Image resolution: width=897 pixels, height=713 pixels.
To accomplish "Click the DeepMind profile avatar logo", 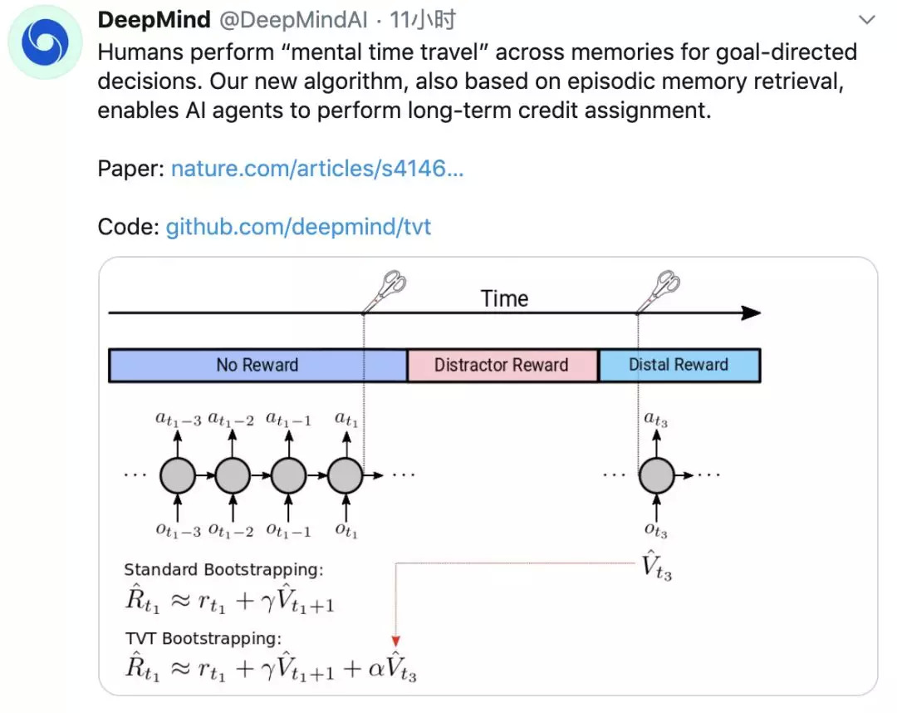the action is click(x=45, y=42).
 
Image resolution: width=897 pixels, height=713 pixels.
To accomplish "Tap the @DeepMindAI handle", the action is click(x=293, y=20).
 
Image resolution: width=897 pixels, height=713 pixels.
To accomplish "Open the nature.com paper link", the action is click(x=317, y=168).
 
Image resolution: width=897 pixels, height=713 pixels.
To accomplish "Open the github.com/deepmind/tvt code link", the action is click(x=298, y=227).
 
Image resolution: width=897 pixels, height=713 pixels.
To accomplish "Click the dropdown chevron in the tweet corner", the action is click(x=866, y=20).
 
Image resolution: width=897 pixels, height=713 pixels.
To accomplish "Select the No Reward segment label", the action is click(x=257, y=365).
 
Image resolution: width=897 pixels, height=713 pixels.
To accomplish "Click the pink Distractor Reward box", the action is click(x=502, y=365).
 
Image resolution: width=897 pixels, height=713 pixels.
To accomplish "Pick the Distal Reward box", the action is click(x=679, y=365).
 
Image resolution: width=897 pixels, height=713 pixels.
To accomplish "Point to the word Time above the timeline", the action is click(x=504, y=298).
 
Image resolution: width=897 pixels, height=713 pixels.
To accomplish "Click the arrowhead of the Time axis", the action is click(x=751, y=313).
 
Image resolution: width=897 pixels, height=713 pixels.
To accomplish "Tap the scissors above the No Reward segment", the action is click(x=385, y=291).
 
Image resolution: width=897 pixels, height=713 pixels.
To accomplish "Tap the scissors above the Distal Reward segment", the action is click(x=659, y=291).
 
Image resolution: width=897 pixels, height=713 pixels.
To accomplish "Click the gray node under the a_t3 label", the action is click(x=657, y=475).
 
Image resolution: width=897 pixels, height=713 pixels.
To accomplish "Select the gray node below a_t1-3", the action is click(x=178, y=475).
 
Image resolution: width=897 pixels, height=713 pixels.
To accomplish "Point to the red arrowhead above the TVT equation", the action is click(x=395, y=641).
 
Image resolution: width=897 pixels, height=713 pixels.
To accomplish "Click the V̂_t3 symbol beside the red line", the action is click(x=656, y=565).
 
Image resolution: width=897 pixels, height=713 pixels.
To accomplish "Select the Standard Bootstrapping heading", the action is click(x=223, y=570).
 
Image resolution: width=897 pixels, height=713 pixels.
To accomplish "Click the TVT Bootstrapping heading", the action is click(x=203, y=638).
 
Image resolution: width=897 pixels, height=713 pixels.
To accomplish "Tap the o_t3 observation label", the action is click(x=655, y=530).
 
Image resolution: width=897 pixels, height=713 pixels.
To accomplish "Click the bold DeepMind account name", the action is click(x=154, y=20).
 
